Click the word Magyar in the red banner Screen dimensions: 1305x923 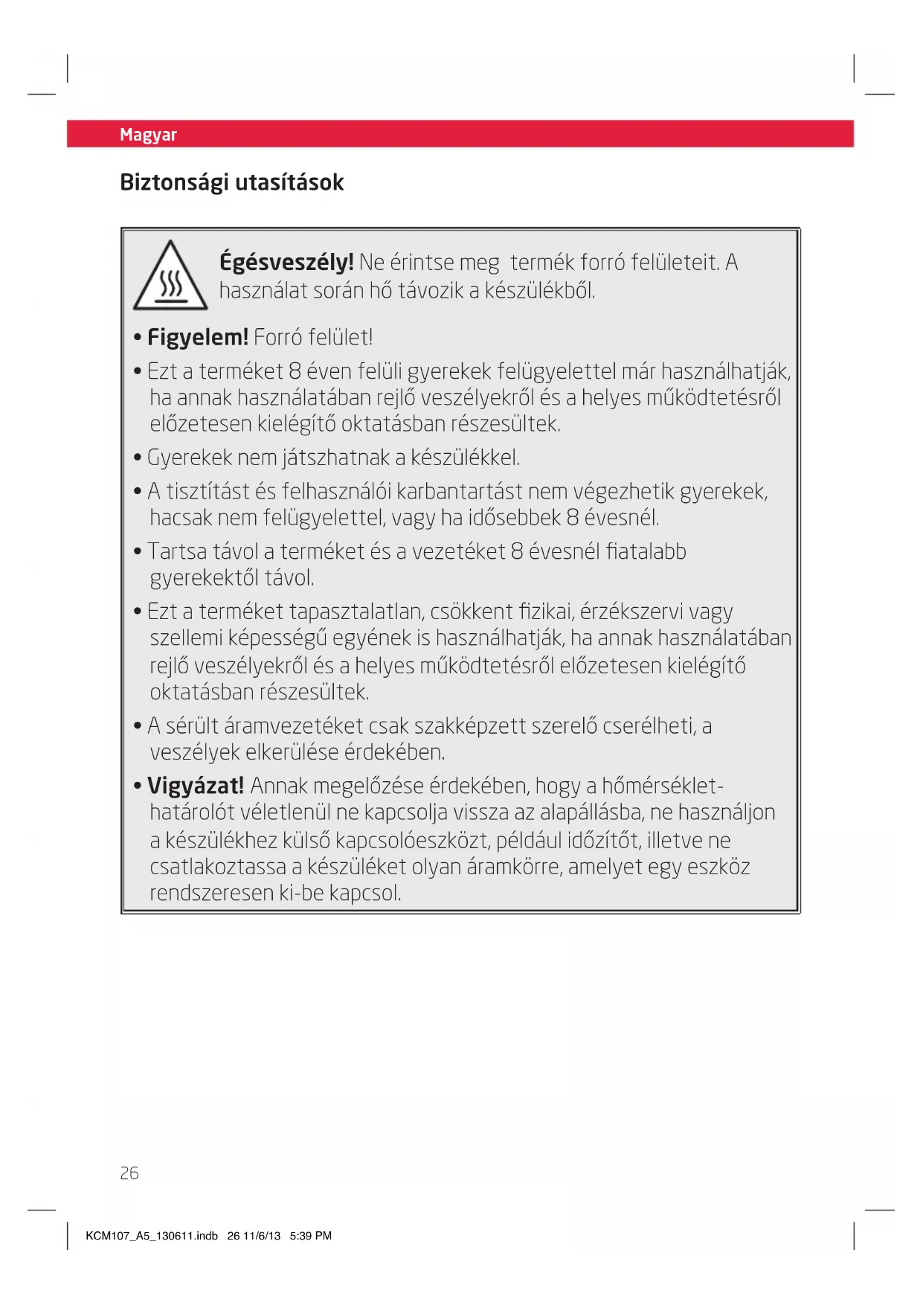tap(148, 135)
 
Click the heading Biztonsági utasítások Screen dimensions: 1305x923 tap(231, 182)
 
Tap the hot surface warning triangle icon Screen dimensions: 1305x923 tap(170, 277)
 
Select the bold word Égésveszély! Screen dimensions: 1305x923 tap(286, 263)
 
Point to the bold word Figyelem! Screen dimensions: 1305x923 tap(197, 338)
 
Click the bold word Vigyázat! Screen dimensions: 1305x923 tap(196, 786)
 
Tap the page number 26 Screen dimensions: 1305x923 tap(129, 1173)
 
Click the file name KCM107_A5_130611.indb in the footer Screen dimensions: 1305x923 tap(152, 1236)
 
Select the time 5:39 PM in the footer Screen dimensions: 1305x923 tap(311, 1236)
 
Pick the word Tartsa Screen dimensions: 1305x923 tap(177, 551)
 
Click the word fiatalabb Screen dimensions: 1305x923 tap(646, 551)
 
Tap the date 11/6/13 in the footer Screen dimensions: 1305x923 tap(262, 1236)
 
